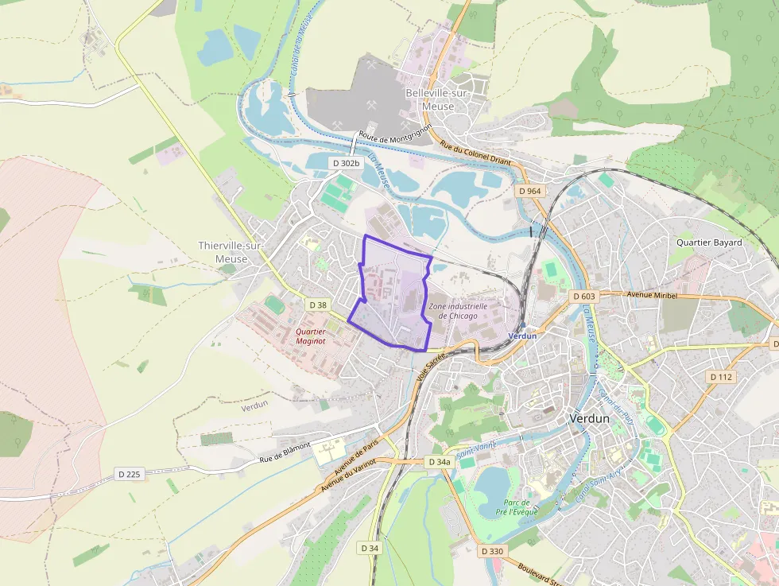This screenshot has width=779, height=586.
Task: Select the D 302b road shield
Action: point(346,163)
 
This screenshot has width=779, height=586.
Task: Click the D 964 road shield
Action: point(529,191)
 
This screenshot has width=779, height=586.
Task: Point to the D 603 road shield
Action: point(583,297)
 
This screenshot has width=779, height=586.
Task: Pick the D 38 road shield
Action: point(317,305)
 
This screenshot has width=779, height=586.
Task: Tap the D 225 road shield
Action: point(129,474)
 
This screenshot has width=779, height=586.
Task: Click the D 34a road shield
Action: point(439,462)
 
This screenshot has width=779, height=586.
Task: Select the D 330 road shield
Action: point(492,551)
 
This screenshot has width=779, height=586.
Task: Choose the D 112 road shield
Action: point(720,377)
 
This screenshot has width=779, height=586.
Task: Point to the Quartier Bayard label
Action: point(709,243)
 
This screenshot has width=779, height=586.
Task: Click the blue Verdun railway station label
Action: point(522,336)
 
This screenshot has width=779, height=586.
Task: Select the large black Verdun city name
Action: point(589,418)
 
